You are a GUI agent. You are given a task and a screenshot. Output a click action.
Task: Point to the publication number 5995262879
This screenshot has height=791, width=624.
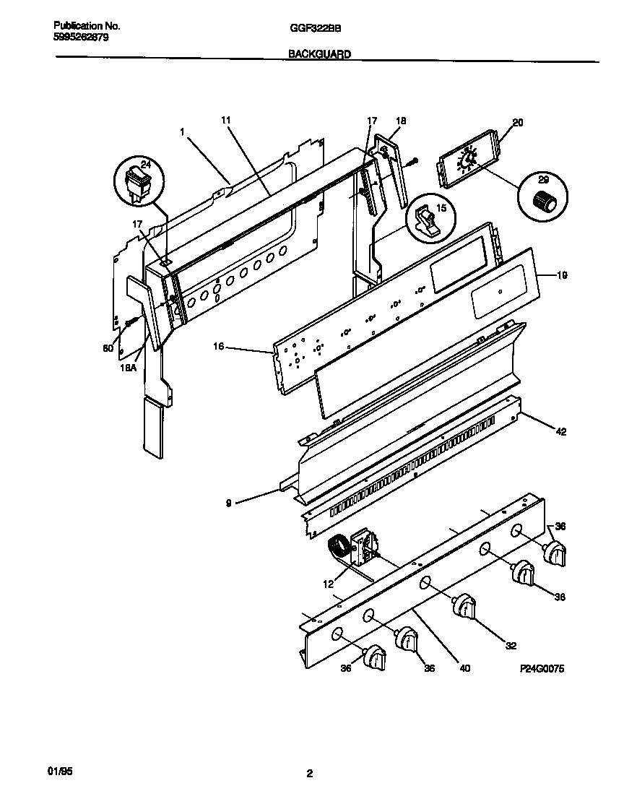82,37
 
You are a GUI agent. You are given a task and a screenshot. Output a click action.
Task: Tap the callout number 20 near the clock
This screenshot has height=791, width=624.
517,123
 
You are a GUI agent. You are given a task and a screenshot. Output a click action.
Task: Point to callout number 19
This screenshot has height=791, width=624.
563,275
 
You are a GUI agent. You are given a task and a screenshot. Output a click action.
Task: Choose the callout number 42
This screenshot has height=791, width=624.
560,432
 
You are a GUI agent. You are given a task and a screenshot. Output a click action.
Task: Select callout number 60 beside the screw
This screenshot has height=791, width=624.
108,348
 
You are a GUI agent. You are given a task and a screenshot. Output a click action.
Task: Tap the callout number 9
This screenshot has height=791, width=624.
229,498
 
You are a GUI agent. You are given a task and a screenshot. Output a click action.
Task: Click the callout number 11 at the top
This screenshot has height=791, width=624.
225,119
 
